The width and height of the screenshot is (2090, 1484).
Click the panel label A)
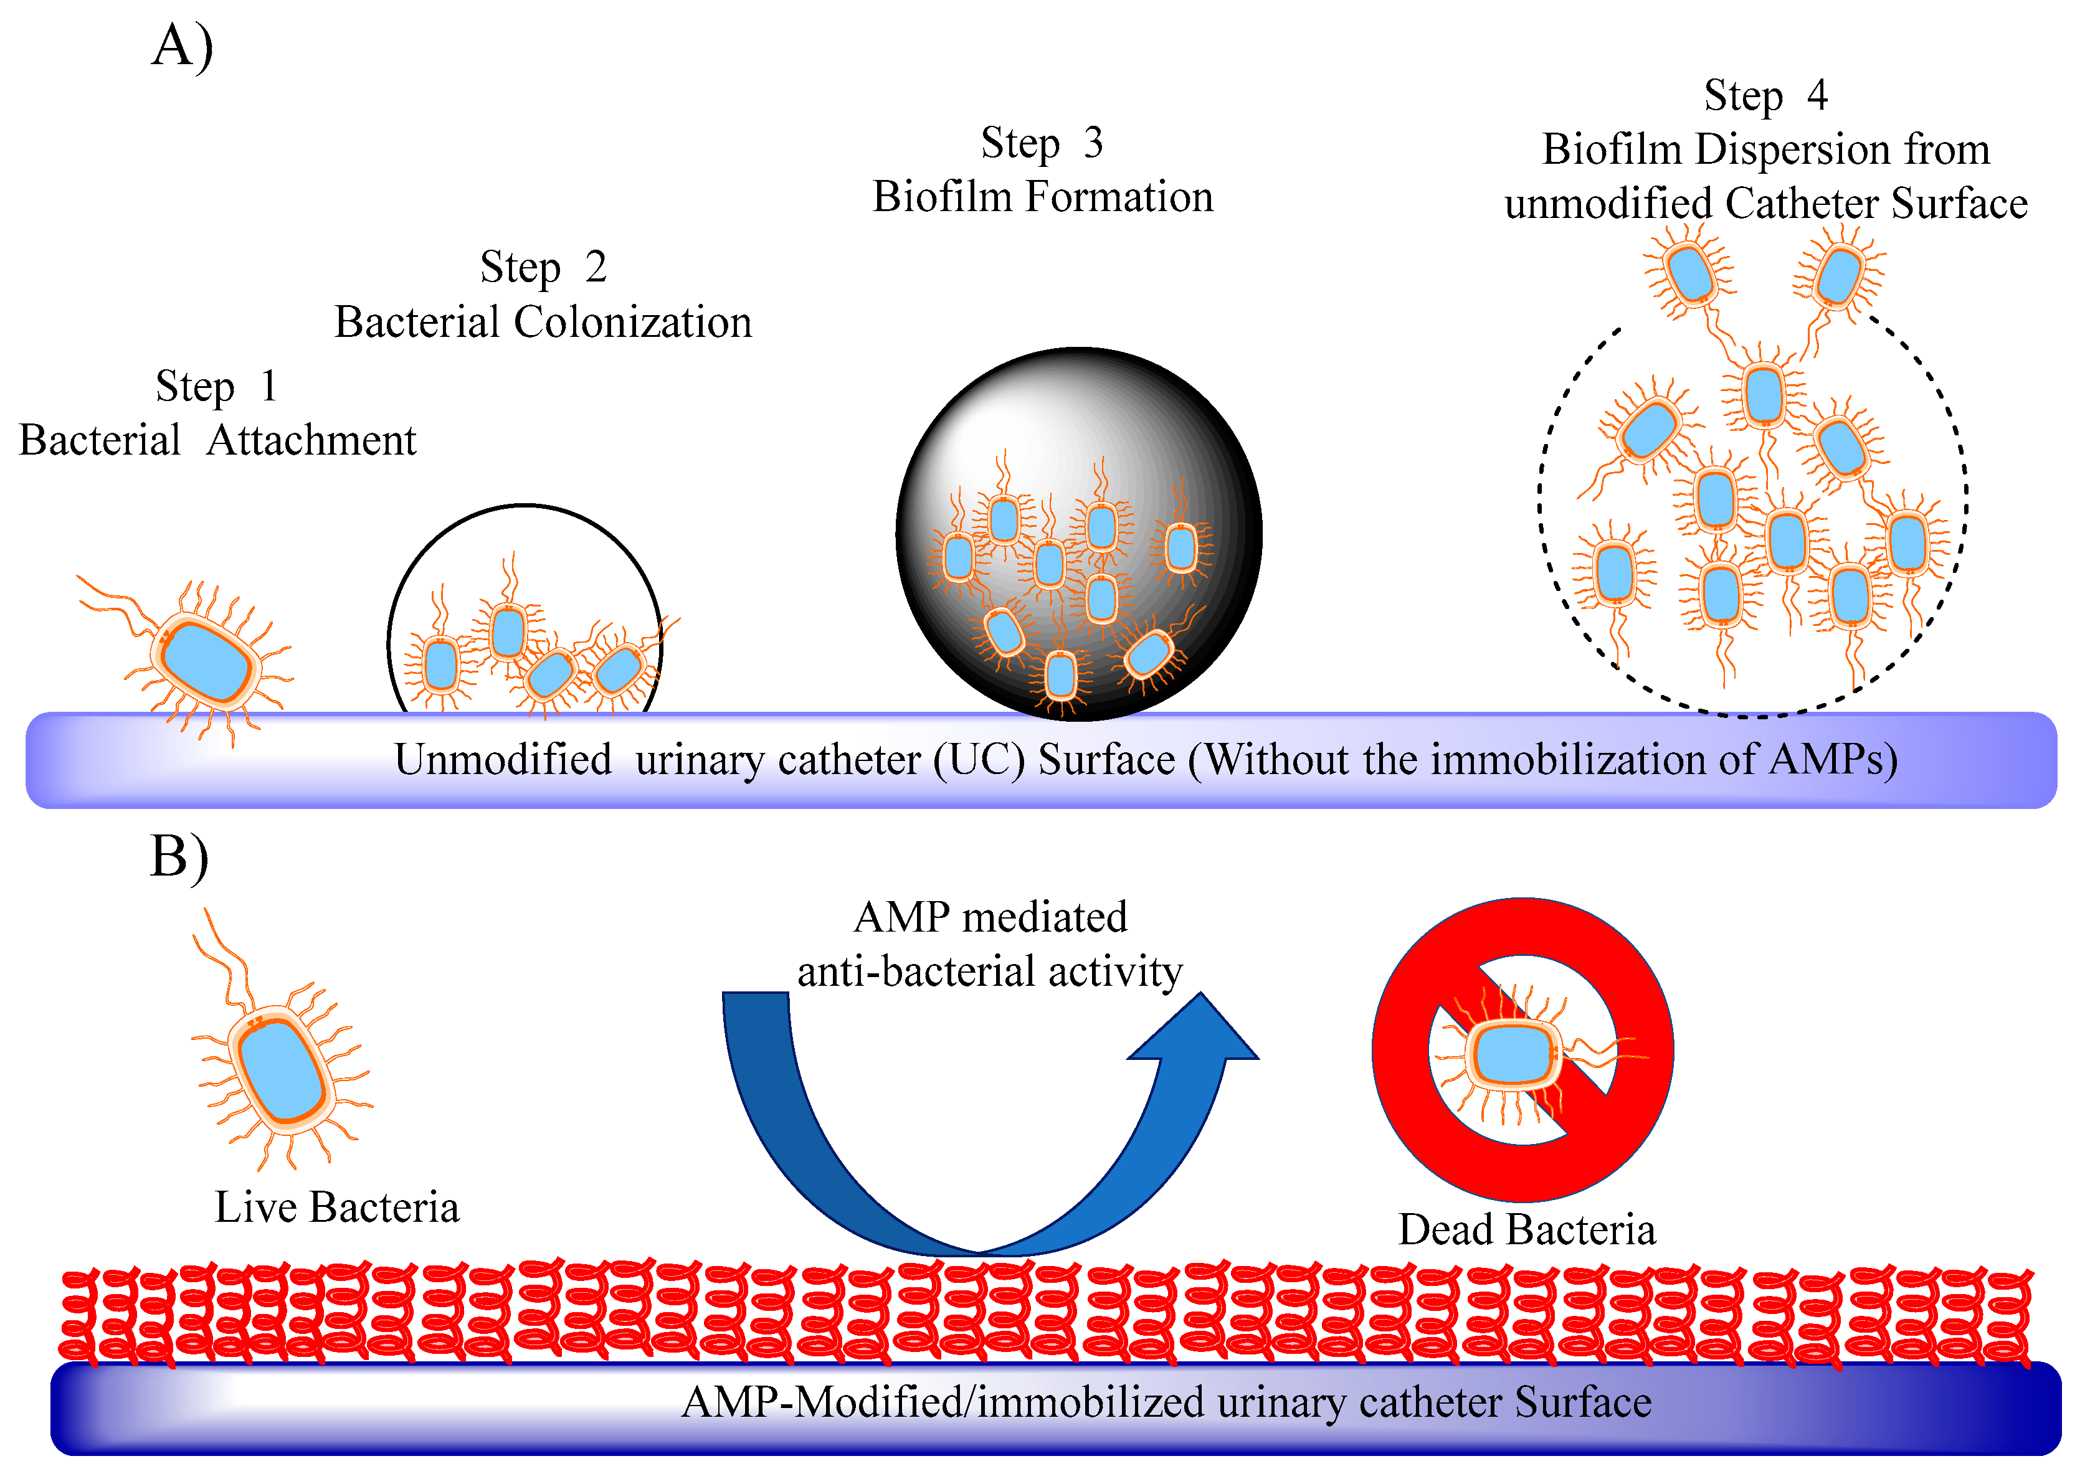click(x=182, y=45)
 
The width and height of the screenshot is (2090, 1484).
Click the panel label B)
click(x=179, y=857)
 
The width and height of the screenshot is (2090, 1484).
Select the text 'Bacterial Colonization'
click(x=543, y=323)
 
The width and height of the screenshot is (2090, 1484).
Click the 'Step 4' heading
click(x=1765, y=96)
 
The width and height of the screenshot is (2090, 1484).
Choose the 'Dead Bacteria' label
click(x=1526, y=1230)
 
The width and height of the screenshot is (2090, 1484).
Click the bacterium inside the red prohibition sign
click(x=1513, y=1054)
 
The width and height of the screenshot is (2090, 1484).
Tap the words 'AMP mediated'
click(x=990, y=917)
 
